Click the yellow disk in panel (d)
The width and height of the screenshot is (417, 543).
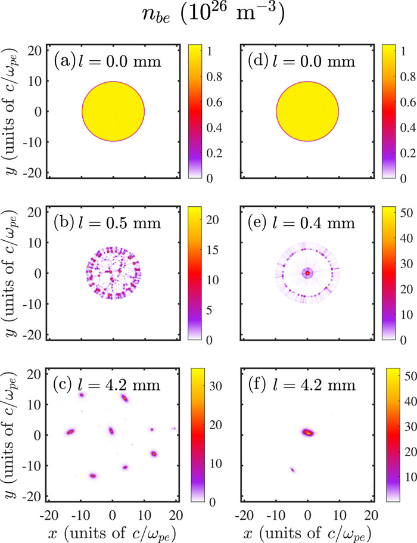pos(307,111)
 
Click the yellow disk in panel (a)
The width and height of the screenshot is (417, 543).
pos(113,111)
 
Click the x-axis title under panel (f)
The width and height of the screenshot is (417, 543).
pos(307,528)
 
